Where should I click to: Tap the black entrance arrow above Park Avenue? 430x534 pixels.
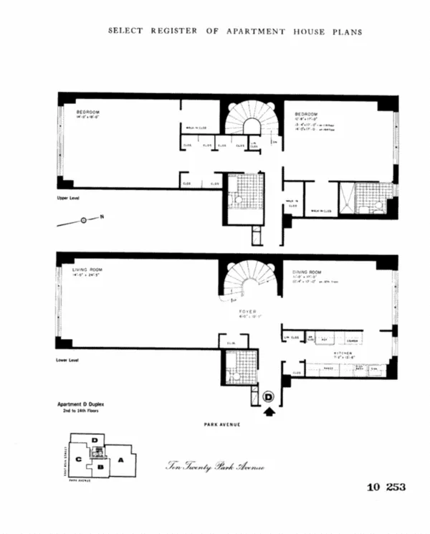269,411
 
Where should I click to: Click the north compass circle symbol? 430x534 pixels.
83,220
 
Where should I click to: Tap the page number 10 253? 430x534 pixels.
386,487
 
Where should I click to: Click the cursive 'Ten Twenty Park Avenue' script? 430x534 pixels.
216,467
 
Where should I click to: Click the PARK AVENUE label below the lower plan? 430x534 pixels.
221,425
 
